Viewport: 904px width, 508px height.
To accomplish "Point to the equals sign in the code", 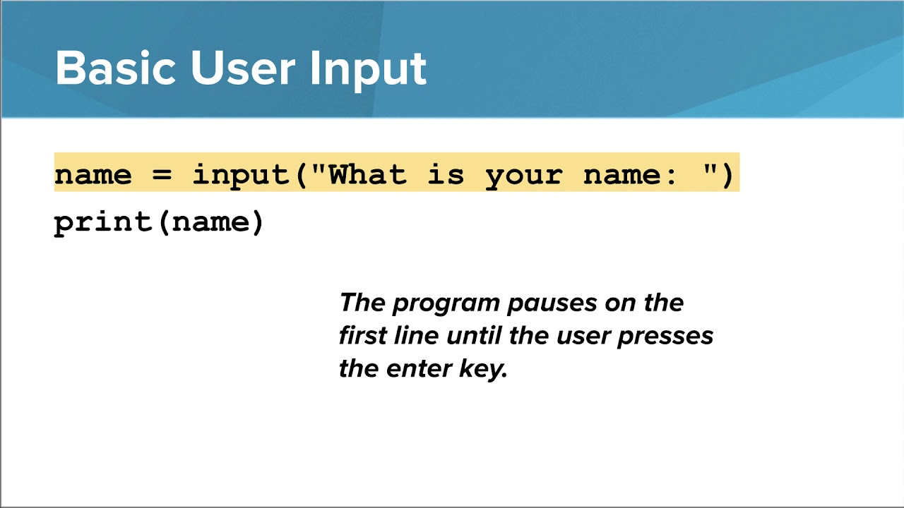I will pyautogui.click(x=162, y=174).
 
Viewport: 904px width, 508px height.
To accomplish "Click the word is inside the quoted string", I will pyautogui.click(x=446, y=174).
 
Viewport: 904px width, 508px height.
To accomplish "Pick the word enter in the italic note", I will pyautogui.click(x=420, y=368).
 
